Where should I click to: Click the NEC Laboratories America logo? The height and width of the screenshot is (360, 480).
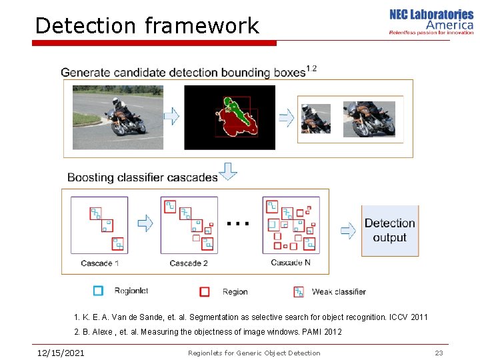pos(431,21)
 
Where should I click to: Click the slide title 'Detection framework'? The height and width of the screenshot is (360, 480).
pos(147,26)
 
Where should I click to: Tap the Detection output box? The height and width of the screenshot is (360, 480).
pos(390,231)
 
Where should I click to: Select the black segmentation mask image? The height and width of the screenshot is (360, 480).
pos(229,117)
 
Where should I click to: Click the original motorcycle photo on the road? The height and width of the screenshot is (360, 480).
pos(117,117)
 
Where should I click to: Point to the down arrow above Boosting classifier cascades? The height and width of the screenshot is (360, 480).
pos(228,171)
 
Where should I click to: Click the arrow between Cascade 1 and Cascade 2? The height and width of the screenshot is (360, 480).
pos(145,223)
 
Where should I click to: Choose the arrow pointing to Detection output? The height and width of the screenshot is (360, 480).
pos(348,231)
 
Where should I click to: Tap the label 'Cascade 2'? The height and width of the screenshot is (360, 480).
pos(189,263)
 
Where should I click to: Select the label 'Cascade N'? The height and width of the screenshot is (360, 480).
pos(291,263)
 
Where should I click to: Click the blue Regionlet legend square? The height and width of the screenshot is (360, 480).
pos(99,291)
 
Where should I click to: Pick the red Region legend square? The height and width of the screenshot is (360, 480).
pos(205,291)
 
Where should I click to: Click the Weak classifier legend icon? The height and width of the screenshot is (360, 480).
pos(299,291)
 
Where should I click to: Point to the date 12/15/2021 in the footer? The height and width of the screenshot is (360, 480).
pos(61,353)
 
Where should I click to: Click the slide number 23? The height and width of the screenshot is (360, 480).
pos(439,353)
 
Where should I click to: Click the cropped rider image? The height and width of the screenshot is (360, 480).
pos(315,119)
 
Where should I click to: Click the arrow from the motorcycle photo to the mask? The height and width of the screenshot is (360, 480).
pos(171,117)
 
